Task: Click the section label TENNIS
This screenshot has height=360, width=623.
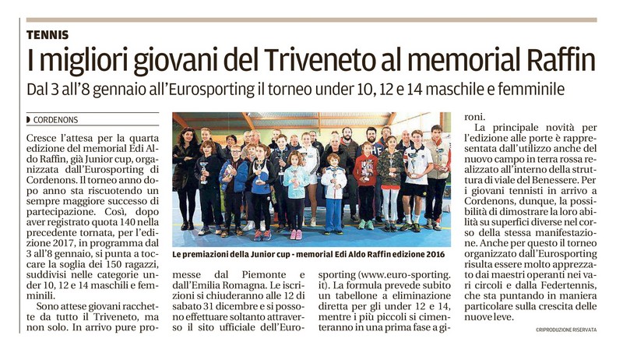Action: coord(48,34)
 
